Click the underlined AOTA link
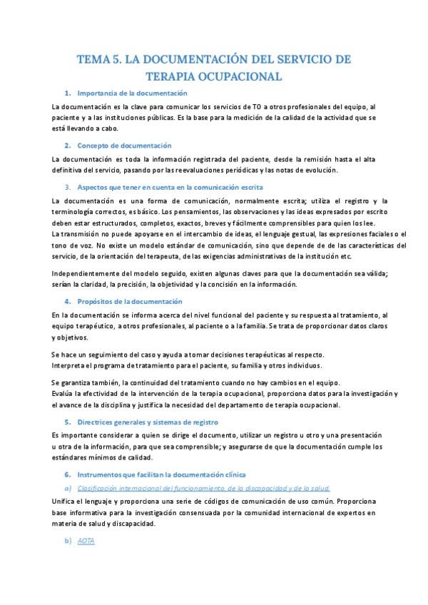86,541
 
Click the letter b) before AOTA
68,541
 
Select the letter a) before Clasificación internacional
68,488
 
